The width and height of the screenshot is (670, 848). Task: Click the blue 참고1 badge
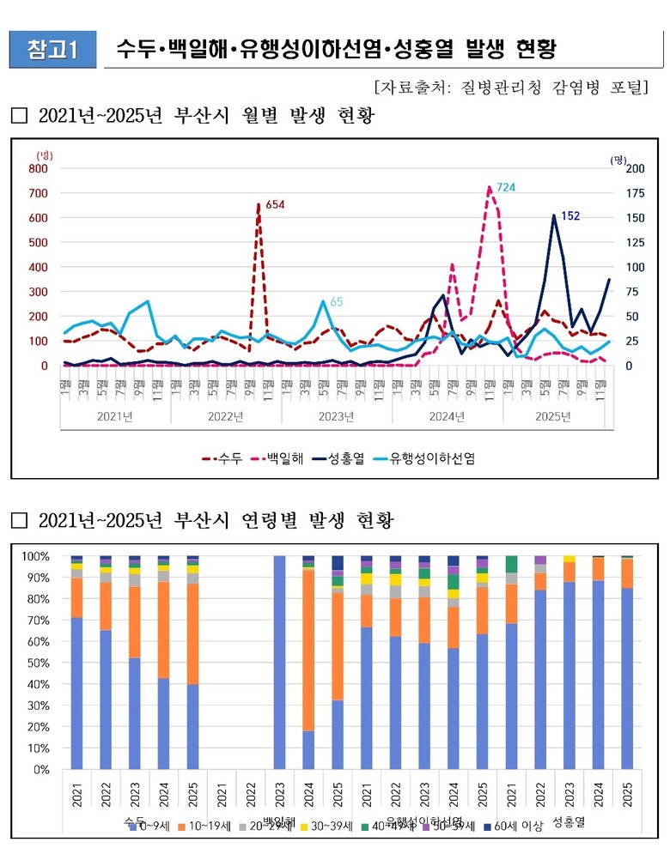pos(52,49)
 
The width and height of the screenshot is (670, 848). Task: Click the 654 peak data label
pos(274,204)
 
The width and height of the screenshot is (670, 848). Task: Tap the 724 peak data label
pos(505,187)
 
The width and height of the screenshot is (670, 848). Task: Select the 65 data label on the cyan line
pos(337,301)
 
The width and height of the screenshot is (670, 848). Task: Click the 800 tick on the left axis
pos(39,168)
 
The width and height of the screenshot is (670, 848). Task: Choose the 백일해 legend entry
pos(275,458)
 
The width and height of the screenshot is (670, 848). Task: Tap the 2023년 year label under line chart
pos(337,417)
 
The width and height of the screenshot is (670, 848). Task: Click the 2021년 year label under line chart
pos(115,417)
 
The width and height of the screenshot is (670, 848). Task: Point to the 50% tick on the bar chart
pos(40,663)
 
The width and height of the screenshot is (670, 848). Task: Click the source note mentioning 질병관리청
pos(511,88)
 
